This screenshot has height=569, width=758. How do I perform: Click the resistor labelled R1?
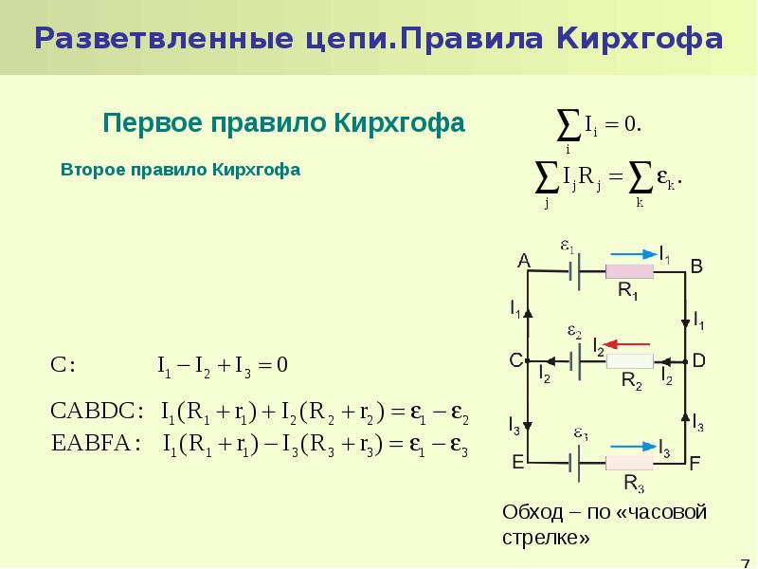point(629,271)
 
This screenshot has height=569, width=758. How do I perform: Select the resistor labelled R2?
point(629,361)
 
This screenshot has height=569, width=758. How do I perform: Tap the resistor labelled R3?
point(629,463)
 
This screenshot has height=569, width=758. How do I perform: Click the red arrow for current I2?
point(627,344)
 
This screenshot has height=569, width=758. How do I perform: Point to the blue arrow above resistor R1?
point(634,254)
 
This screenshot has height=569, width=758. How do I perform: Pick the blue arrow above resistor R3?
point(634,447)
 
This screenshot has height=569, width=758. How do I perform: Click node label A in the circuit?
point(524,262)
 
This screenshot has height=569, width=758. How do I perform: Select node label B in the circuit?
point(696,266)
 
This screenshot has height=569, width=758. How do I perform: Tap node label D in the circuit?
point(699,360)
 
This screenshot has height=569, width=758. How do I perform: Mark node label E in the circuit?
point(517,463)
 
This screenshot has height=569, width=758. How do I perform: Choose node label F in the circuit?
point(695,464)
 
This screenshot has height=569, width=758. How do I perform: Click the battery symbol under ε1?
point(574,271)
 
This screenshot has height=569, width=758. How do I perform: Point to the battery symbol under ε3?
point(574,463)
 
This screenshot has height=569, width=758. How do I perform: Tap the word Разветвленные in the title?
point(164,39)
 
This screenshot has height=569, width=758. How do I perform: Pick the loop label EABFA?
point(91,443)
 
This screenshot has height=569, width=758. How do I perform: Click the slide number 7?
point(745,563)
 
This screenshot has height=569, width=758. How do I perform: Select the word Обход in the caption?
point(532,512)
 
